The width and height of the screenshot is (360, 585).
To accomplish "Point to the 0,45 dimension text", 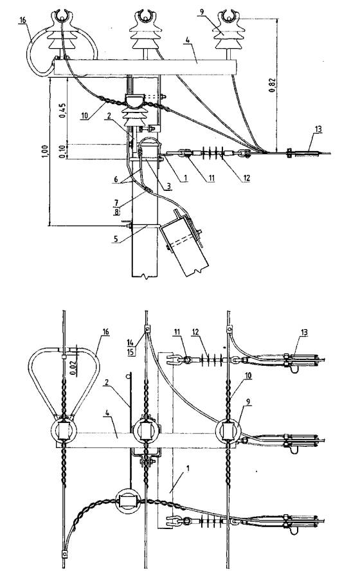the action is pyautogui.click(x=62, y=110).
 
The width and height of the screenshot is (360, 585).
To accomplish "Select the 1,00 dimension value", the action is pyautogui.click(x=45, y=152).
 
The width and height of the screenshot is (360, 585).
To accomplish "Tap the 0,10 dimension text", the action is pyautogui.click(x=62, y=152).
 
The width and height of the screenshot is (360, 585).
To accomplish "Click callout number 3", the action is pyautogui.click(x=169, y=185).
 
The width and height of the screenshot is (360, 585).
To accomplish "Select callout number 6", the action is pyautogui.click(x=116, y=179).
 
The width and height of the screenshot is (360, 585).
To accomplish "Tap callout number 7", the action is pyautogui.click(x=116, y=203).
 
